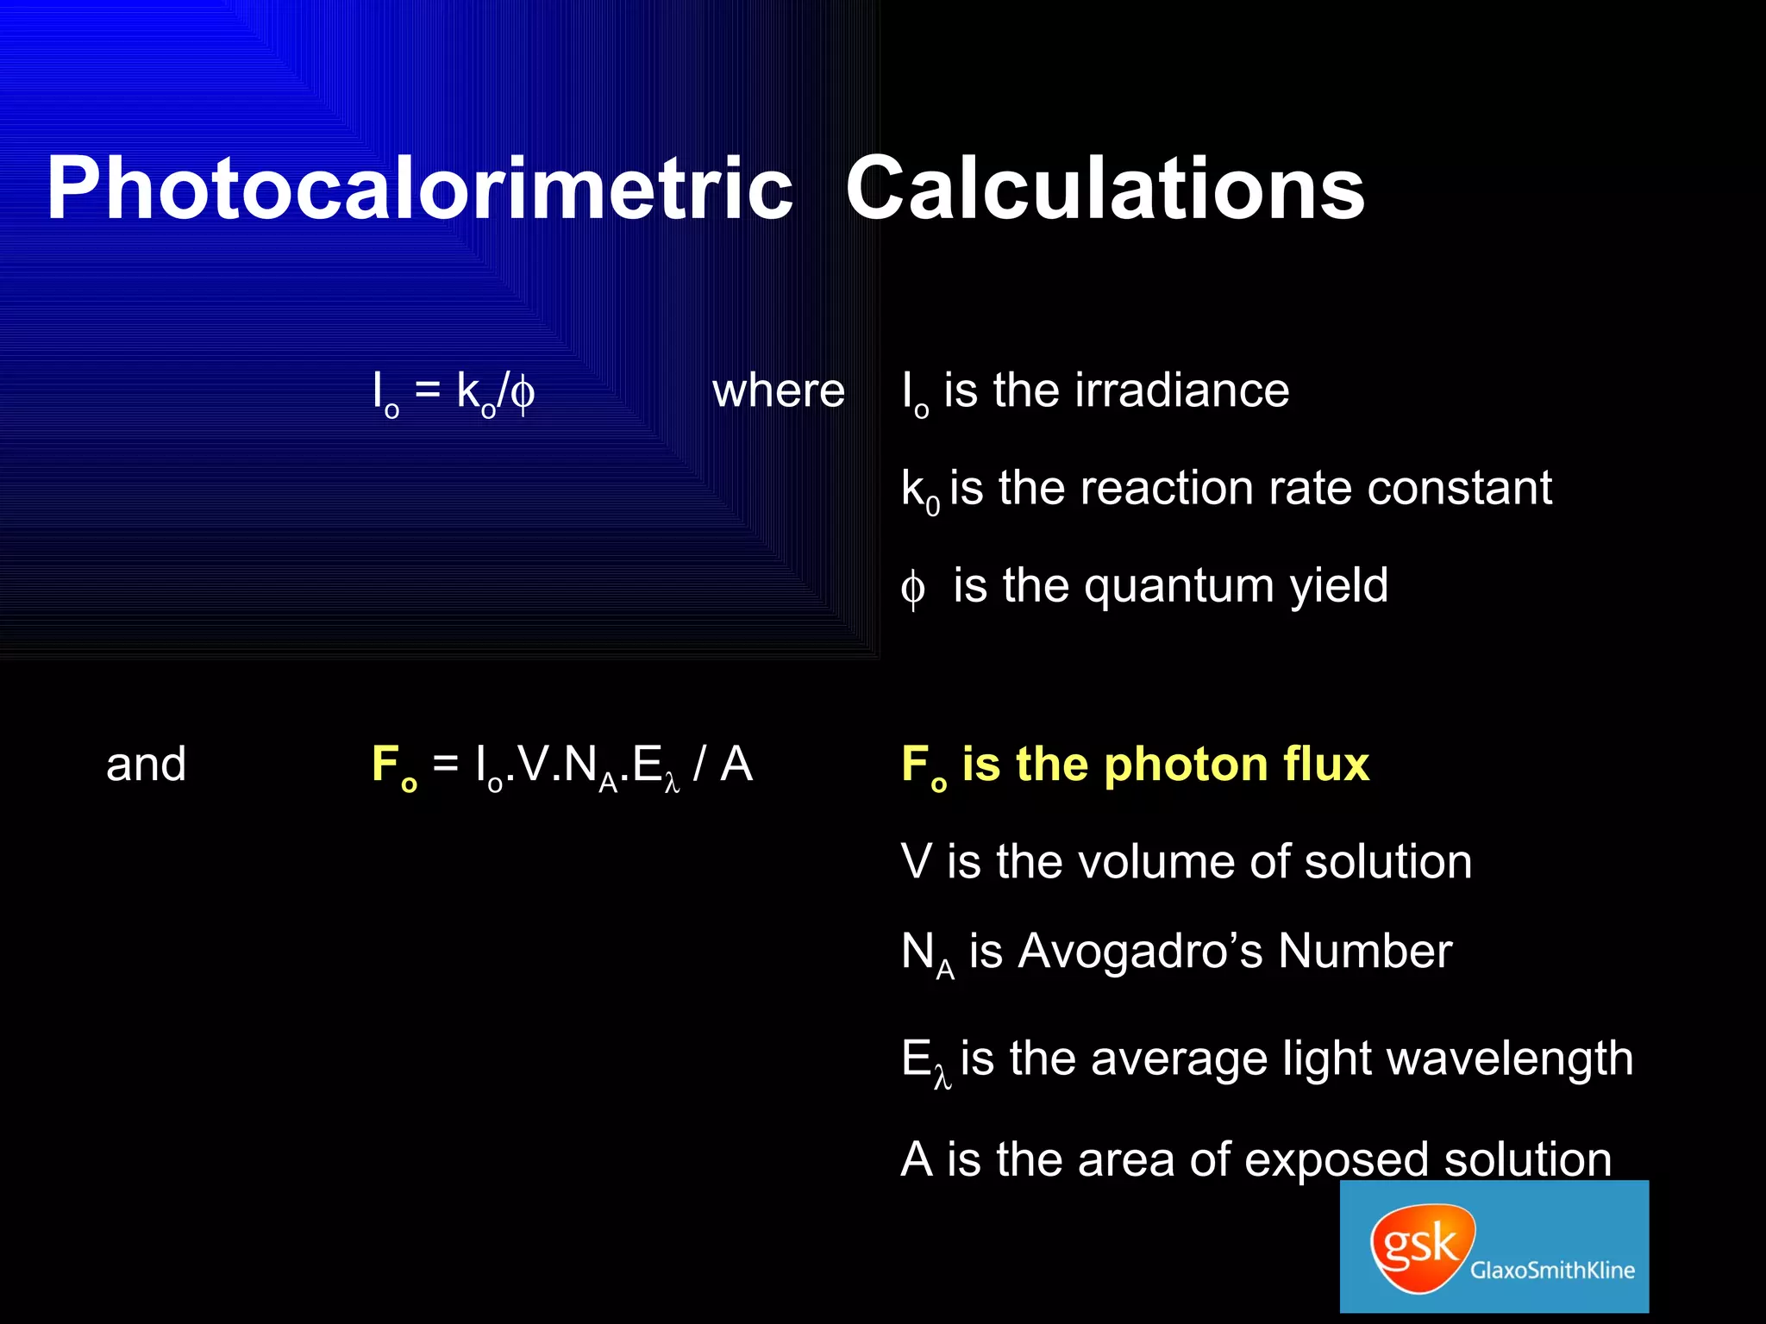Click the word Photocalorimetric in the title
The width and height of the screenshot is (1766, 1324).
(x=419, y=190)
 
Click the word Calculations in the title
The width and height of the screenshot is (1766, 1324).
(x=1105, y=190)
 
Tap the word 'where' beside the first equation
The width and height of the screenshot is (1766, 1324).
(x=778, y=391)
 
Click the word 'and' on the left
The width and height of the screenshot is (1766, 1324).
(x=146, y=765)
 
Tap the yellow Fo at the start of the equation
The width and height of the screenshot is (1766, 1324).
(x=394, y=766)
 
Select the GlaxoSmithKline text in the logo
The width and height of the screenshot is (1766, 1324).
(x=1552, y=1270)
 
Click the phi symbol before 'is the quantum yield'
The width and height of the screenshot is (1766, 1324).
(x=912, y=590)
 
